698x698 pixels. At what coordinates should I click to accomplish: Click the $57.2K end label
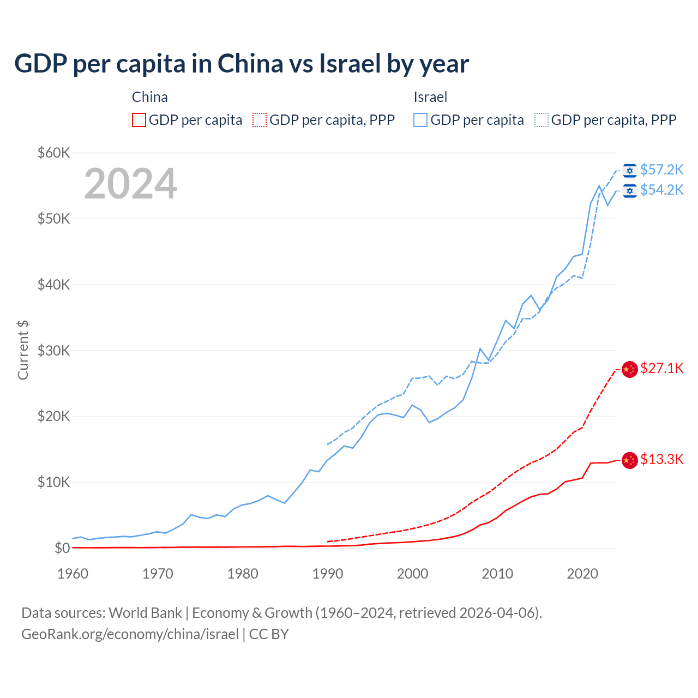pos(661,170)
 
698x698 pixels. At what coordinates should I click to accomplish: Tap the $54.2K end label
pos(661,190)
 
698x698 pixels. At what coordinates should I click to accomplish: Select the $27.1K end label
pos(661,369)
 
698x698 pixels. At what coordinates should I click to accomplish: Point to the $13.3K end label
pos(661,460)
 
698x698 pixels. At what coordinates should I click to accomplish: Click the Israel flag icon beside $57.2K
pos(630,171)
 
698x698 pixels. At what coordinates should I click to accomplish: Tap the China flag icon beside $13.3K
pos(630,460)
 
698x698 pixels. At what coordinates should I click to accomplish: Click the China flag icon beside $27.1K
pos(630,369)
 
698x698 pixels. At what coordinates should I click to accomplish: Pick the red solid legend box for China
pos(139,120)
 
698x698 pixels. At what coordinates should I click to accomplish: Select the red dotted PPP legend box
pos(260,120)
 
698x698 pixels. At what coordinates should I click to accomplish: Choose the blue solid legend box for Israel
pos(420,120)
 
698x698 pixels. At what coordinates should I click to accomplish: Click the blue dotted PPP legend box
pos(541,120)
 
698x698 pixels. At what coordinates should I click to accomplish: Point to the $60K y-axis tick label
pos(54,153)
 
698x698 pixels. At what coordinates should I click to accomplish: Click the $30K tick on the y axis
pos(54,351)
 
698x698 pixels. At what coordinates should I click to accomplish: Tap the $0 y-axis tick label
pos(62,548)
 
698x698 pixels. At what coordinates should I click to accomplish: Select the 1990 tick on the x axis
pos(328,574)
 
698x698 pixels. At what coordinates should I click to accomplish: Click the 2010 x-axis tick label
pos(497,574)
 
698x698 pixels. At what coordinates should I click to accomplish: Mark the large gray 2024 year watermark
pos(131,184)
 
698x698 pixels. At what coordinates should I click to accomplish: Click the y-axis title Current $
pos(23,350)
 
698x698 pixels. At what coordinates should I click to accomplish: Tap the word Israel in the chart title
pos(349,64)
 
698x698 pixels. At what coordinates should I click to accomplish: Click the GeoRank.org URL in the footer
pos(130,634)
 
